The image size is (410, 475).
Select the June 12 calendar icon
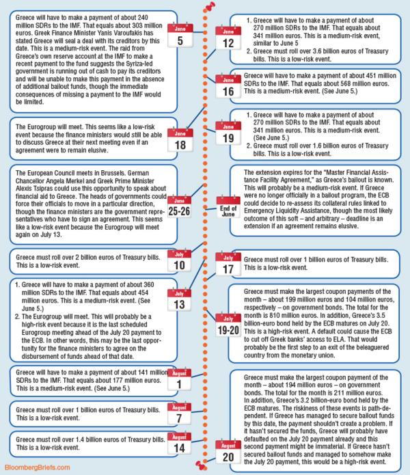[x=227, y=38]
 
